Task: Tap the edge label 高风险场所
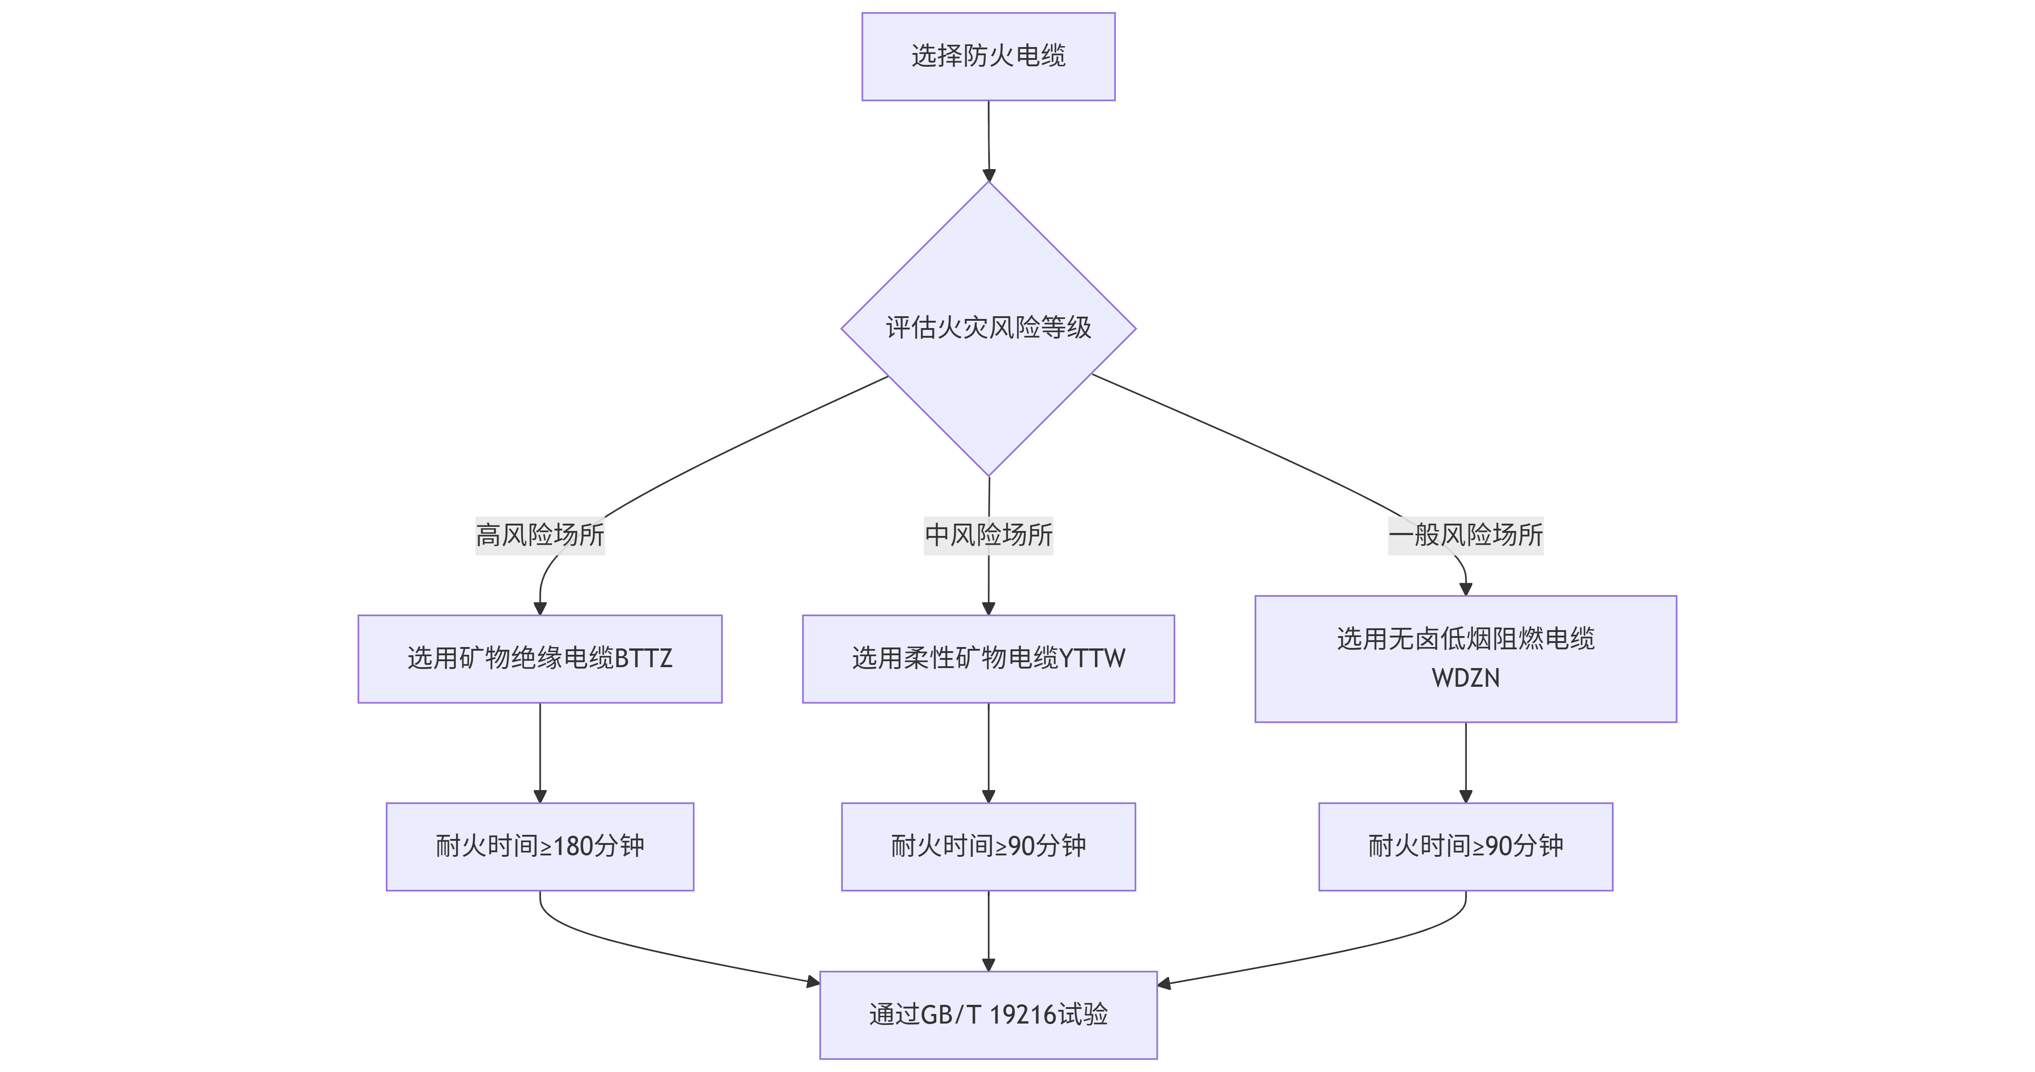pyautogui.click(x=539, y=535)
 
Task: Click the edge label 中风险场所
pyautogui.click(x=988, y=535)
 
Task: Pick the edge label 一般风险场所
pyautogui.click(x=1465, y=535)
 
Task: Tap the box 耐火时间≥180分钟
pyautogui.click(x=539, y=846)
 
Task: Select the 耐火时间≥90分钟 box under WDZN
pyautogui.click(x=1465, y=846)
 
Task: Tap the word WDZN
pyautogui.click(x=1465, y=678)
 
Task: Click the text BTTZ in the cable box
pyautogui.click(x=643, y=658)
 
